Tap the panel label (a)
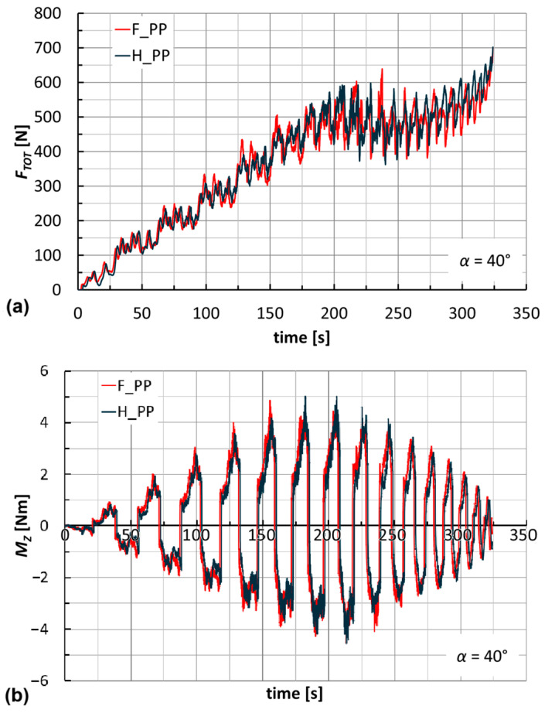(15, 306)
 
